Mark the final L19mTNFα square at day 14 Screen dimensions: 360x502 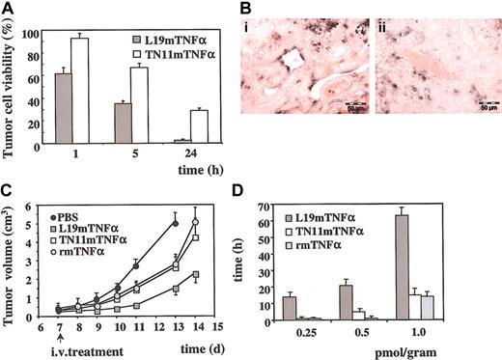point(196,275)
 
